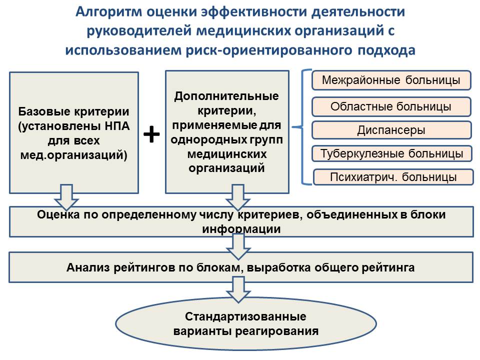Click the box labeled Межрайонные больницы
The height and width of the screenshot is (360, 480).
click(x=391, y=80)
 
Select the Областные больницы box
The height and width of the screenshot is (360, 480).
click(x=391, y=106)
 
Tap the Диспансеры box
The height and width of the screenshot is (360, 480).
click(x=391, y=130)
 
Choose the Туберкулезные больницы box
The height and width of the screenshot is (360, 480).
click(x=392, y=153)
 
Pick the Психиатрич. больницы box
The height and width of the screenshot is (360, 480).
click(x=393, y=177)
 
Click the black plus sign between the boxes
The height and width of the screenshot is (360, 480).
click(x=151, y=134)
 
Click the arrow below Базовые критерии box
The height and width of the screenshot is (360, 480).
click(x=66, y=197)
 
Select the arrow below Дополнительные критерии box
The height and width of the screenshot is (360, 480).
click(x=238, y=197)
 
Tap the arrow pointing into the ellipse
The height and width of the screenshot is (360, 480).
click(x=238, y=289)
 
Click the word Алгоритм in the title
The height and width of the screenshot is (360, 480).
click(x=108, y=12)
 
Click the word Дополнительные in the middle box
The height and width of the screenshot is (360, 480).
click(x=226, y=96)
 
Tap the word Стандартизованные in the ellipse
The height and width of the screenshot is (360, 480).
click(x=245, y=316)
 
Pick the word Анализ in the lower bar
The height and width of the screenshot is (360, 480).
click(x=88, y=267)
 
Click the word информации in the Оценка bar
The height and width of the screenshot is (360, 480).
click(x=241, y=229)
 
